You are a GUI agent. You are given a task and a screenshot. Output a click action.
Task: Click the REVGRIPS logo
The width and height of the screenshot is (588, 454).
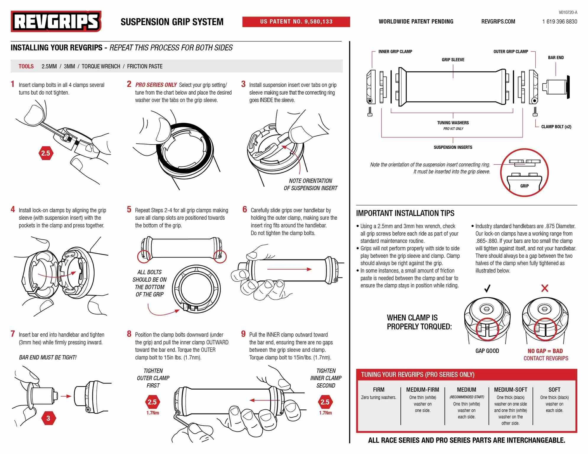pos(56,21)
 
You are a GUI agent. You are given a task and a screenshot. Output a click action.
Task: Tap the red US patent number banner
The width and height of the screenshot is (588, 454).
pos(296,22)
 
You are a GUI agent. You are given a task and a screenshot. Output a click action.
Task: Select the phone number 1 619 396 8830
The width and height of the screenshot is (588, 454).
pos(560,22)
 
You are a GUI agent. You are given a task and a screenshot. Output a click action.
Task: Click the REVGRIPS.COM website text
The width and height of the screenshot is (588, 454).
pos(498,22)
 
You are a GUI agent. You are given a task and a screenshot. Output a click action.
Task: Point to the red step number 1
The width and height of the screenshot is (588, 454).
pos(12,84)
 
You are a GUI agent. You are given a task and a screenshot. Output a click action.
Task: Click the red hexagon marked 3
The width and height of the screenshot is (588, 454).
pos(48,418)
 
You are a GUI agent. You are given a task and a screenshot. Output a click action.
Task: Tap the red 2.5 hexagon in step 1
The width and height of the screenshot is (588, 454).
pos(46,153)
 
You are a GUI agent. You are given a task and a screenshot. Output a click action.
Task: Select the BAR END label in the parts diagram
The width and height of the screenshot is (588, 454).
pos(556,58)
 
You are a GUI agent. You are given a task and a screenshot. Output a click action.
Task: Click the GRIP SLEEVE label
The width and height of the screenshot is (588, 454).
pos(453,60)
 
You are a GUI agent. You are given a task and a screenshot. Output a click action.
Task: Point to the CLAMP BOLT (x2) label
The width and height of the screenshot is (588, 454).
pos(556,127)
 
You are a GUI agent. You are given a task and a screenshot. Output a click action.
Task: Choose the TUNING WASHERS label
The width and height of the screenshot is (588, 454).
pos(453,123)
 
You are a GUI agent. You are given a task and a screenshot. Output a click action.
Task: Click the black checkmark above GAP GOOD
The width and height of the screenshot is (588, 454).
pos(487,288)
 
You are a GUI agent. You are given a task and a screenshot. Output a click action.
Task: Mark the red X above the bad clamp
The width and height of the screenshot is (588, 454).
pos(545,288)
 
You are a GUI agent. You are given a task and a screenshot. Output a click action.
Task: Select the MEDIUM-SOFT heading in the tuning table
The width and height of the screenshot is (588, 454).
pos(511,390)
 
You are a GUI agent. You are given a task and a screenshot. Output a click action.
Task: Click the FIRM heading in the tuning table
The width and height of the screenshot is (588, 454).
pos(379,390)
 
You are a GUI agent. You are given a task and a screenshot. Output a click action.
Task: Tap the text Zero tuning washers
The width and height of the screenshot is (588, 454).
pos(379,398)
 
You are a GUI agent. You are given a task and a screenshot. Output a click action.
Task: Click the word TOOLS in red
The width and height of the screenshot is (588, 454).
pos(26,67)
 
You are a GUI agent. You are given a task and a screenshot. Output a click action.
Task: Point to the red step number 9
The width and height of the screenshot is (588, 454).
pos(243,334)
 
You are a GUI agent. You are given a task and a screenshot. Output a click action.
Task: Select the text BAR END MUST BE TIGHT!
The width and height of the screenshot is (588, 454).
pos(48,358)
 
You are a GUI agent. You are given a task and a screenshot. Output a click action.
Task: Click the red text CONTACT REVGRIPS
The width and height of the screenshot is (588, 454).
pos(546,359)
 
